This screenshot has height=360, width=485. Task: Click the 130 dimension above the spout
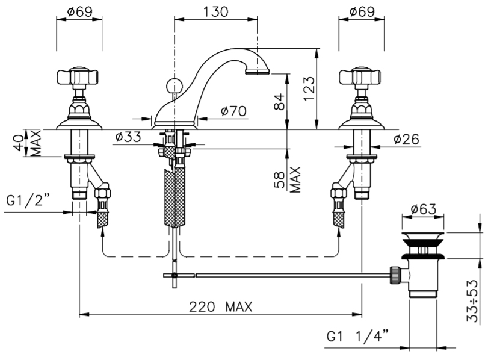point(215,10)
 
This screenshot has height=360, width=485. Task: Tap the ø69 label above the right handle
point(361,10)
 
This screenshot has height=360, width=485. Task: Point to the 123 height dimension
point(326,88)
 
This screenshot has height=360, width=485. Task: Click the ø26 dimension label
point(407,139)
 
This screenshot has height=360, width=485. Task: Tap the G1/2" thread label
point(28,201)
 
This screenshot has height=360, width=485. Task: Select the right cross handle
point(361,77)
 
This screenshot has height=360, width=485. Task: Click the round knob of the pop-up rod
point(173,84)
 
